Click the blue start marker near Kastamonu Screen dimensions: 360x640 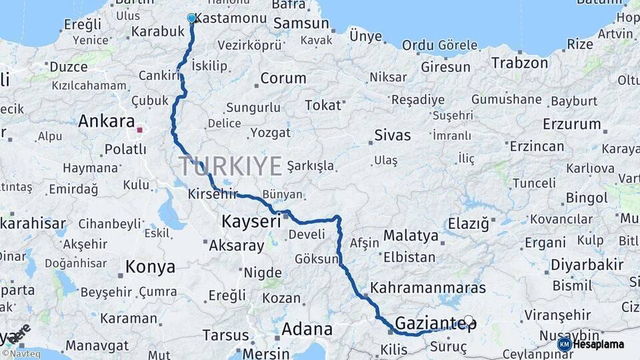coord(192,19)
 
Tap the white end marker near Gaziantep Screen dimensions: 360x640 coord(469,321)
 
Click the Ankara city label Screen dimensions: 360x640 coord(106,121)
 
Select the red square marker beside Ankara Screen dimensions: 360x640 coord(140,130)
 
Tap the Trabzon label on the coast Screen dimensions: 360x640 coord(520,63)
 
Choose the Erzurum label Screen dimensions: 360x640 coord(571,124)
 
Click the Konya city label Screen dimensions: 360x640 coord(151,267)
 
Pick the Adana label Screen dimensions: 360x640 coord(307,329)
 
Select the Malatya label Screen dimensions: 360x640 coord(411,236)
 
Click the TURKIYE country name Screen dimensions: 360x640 coord(230,166)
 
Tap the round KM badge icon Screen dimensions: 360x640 coord(564,344)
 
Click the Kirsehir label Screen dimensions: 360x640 coord(213,194)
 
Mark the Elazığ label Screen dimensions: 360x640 coord(468,223)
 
